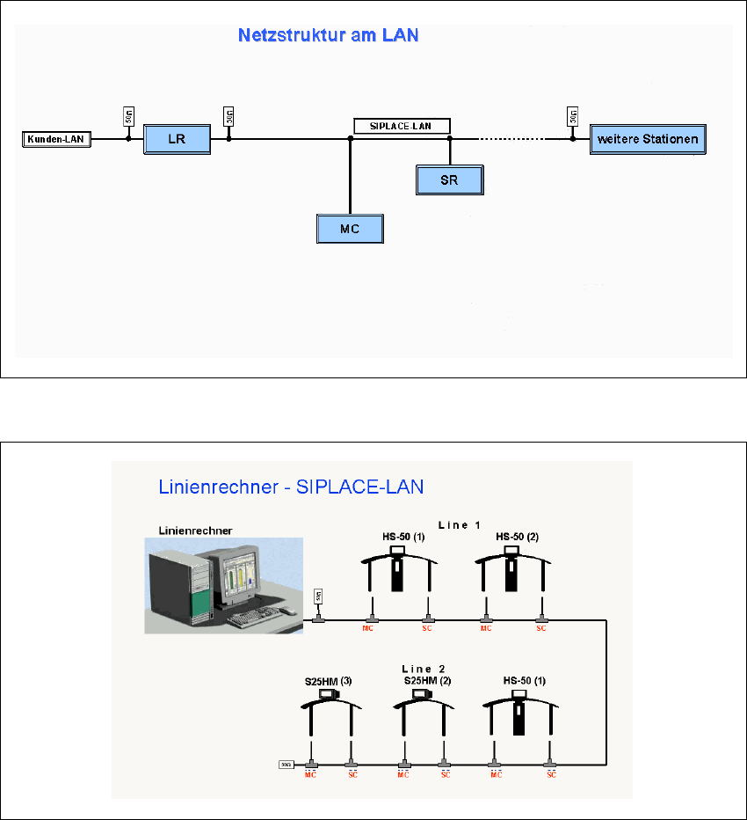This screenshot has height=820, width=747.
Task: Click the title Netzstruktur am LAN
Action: pos(329,36)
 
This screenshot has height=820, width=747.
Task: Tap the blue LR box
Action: pos(177,139)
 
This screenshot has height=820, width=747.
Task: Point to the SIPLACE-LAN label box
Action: pos(403,126)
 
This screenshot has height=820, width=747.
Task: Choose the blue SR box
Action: pos(449,179)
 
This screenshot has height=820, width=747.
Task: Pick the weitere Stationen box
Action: pos(647,139)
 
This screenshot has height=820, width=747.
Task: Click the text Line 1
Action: pos(460,525)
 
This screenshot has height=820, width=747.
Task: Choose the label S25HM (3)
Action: pos(320,680)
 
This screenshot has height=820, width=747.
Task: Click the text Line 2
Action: pos(424,669)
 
